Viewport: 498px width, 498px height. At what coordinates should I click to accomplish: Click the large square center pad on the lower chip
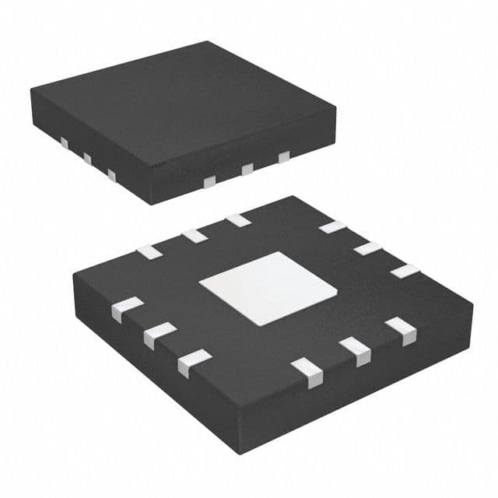pos(268,288)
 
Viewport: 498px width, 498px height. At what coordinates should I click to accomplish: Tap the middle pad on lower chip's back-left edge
pos(193,236)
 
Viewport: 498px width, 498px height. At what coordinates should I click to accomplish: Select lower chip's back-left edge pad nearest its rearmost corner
pos(238,220)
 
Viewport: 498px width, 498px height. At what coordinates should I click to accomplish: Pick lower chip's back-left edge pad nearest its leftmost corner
pos(148,251)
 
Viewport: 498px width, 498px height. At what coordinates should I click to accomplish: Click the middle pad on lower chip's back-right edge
pos(367,249)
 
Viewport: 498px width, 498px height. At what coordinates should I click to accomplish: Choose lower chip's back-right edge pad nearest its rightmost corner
pos(405,271)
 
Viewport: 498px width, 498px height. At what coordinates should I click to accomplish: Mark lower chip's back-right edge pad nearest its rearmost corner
pos(332,227)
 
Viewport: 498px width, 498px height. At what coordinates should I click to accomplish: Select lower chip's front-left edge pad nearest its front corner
pos(193,363)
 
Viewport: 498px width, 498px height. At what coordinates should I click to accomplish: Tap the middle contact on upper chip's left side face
pos(87,160)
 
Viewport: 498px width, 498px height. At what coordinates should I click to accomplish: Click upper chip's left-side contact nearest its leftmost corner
pos(62,144)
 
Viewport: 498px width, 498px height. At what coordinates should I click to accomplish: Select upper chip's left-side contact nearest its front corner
pos(112,176)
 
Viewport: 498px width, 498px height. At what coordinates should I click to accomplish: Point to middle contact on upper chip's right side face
pos(247,169)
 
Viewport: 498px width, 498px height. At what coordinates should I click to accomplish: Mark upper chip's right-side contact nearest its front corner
pos(209,181)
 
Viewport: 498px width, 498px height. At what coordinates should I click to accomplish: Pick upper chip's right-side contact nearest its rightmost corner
pos(284,158)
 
